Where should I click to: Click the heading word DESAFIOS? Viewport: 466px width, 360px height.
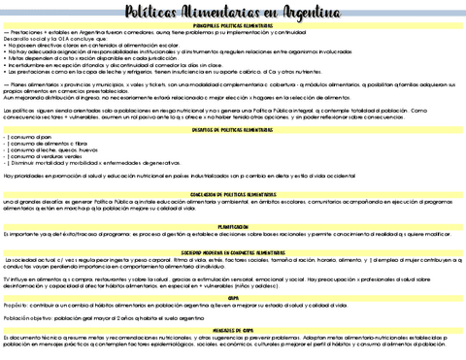tap(203, 129)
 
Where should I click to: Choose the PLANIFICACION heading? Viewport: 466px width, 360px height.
tap(233, 226)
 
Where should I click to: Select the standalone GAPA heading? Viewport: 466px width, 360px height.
tap(233, 298)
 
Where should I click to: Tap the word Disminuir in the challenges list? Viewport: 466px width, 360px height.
tap(26, 164)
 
